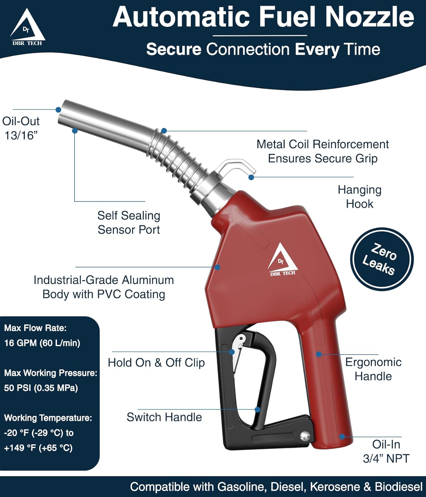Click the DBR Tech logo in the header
pyautogui.click(x=27, y=28)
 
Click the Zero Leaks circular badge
pyautogui.click(x=382, y=259)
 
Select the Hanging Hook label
pyautogui.click(x=359, y=196)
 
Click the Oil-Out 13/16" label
pyautogui.click(x=21, y=128)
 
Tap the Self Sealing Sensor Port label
pyautogui.click(x=129, y=222)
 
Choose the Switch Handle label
pyautogui.click(x=164, y=417)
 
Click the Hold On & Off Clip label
pyautogui.click(x=156, y=362)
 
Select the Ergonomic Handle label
pyautogui.click(x=373, y=369)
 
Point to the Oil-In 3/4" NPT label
pyautogui.click(x=386, y=451)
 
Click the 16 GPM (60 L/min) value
pyautogui.click(x=42, y=343)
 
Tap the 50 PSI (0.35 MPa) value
pyautogui.click(x=41, y=388)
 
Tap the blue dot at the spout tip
pyautogui.click(x=58, y=110)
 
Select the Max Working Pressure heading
pyautogui.click(x=51, y=373)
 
